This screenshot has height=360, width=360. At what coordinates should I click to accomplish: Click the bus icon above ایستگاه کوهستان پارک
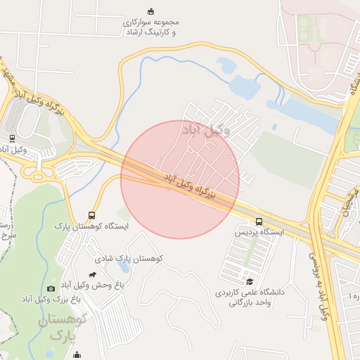click(x=91, y=215)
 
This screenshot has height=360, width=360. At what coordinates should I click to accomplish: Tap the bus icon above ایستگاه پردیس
click(x=259, y=221)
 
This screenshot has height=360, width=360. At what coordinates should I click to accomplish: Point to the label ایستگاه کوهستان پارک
click(x=92, y=226)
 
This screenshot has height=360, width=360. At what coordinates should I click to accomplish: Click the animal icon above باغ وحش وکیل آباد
click(x=92, y=274)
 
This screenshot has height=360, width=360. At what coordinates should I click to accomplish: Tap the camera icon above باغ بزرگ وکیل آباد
click(x=51, y=288)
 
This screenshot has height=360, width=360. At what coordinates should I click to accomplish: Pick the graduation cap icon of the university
click(x=250, y=281)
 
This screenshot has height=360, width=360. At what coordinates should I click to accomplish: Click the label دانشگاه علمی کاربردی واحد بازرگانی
click(x=245, y=297)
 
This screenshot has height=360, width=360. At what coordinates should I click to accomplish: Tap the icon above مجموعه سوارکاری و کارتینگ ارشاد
click(x=150, y=11)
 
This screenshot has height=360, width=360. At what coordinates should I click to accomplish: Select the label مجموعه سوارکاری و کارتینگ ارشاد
click(x=150, y=27)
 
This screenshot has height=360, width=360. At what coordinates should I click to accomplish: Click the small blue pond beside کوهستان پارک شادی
click(x=124, y=267)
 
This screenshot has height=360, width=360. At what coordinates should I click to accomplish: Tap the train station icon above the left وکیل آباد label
click(x=12, y=138)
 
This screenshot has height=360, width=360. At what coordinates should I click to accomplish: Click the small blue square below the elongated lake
click(x=274, y=127)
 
